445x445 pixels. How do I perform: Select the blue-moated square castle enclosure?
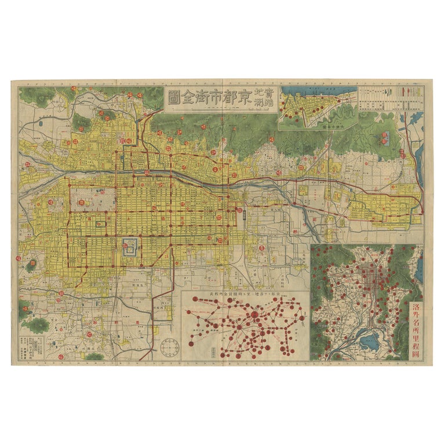coord(130,247)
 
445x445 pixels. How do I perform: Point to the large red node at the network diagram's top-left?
coord(195,300)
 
